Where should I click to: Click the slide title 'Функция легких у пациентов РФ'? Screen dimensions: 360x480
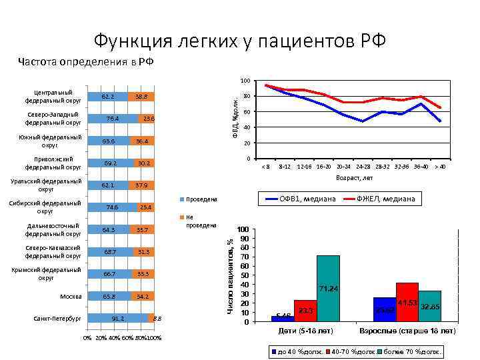(239, 41)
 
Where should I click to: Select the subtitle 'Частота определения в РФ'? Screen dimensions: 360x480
(86, 63)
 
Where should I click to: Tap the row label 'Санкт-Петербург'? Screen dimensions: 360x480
(57, 318)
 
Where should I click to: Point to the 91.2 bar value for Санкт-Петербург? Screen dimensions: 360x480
(118, 319)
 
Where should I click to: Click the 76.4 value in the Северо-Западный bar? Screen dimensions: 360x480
(113, 119)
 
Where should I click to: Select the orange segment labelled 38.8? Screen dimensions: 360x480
(141, 97)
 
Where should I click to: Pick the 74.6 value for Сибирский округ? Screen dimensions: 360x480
(112, 207)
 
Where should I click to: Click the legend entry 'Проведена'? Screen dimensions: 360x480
(201, 199)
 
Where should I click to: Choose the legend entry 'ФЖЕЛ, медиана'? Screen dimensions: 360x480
(385, 199)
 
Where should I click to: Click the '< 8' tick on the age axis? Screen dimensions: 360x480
(265, 166)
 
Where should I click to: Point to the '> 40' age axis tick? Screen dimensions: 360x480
(440, 166)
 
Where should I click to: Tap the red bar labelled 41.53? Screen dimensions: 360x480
(407, 301)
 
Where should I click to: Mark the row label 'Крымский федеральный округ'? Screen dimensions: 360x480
(53, 273)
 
